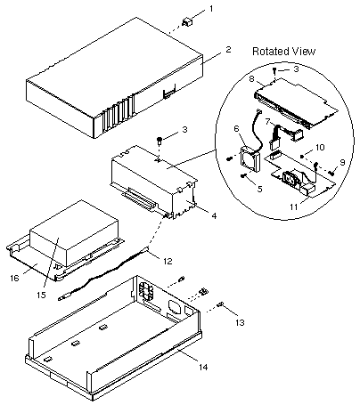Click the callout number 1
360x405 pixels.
211,9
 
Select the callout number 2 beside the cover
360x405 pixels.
228,49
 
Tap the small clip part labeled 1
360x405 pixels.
187,22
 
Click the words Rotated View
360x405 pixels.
283,52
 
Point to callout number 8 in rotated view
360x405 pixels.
252,79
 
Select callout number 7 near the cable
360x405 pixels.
267,122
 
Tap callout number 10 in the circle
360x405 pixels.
320,147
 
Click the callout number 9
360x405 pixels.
342,163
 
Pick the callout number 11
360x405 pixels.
294,207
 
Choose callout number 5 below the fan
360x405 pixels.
260,189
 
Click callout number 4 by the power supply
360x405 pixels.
214,215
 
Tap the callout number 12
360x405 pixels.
168,261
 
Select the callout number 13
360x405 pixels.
240,322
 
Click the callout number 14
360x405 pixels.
203,367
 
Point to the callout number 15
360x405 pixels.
42,295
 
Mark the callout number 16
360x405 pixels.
14,278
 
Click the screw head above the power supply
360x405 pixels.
160,140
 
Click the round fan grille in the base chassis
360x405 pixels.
145,290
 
